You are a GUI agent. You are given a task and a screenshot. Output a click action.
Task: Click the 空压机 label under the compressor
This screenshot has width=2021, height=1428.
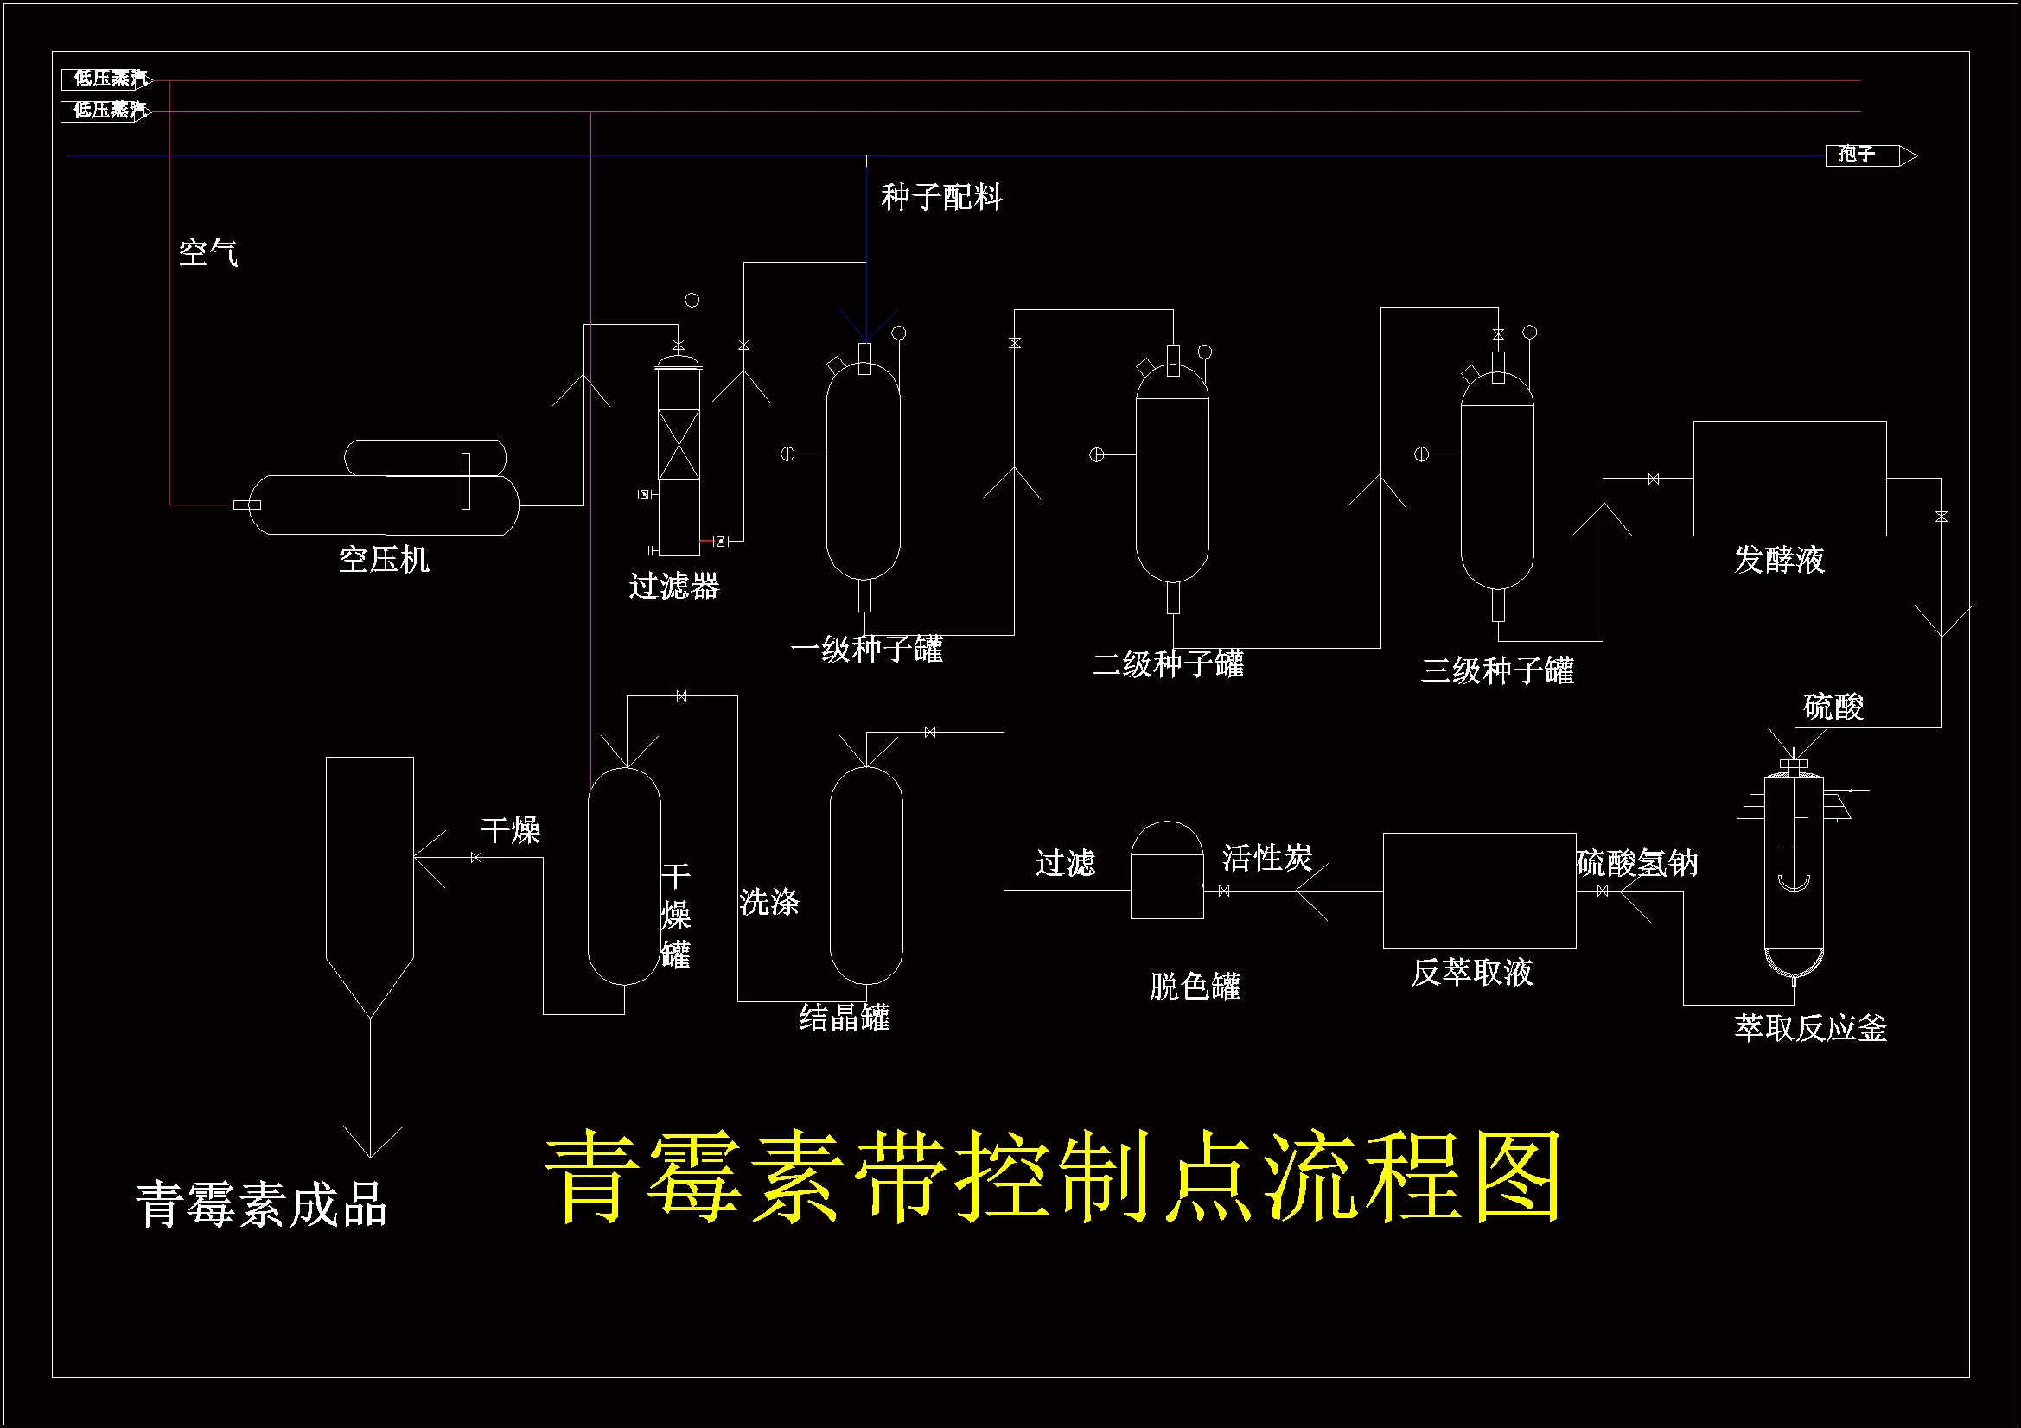(x=384, y=560)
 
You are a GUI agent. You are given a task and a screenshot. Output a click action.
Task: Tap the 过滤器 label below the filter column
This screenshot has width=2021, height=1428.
(x=674, y=586)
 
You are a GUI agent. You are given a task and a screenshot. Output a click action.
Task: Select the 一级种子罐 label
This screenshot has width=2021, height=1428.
(x=867, y=650)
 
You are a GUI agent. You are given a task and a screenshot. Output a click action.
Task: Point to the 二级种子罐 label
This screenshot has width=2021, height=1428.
(x=1168, y=663)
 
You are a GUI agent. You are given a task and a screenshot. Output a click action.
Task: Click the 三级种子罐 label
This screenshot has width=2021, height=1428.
(x=1497, y=670)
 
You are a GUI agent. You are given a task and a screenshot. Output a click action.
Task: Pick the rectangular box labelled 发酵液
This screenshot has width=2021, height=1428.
(x=1789, y=478)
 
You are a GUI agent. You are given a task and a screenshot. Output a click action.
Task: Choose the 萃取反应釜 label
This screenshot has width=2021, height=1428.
(x=1811, y=1028)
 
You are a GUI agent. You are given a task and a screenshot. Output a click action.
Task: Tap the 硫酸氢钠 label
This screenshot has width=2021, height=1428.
(x=1637, y=863)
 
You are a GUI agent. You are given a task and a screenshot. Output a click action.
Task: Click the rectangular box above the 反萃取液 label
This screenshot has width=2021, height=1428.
(x=1479, y=891)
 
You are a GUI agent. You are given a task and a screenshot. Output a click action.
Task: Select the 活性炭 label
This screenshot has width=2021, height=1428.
(x=1267, y=858)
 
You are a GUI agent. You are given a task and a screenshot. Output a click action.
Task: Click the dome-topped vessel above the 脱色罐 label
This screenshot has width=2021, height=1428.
(x=1166, y=871)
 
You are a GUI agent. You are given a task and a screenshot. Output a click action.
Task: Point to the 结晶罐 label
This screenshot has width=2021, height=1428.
(x=845, y=1017)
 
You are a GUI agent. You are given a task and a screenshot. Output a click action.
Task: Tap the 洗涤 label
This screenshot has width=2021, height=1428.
(x=769, y=902)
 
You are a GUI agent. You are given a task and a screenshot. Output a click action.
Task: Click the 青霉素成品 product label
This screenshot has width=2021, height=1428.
(x=261, y=1203)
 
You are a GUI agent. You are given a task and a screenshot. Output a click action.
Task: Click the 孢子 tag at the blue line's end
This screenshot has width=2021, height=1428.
(x=1857, y=155)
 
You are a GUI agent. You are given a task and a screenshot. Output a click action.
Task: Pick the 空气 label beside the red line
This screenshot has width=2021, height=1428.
(x=207, y=253)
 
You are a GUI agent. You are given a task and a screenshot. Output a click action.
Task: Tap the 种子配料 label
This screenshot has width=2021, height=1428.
(x=942, y=197)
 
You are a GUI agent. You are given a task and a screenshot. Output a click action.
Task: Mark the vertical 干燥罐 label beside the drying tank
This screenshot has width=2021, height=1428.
(x=676, y=915)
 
